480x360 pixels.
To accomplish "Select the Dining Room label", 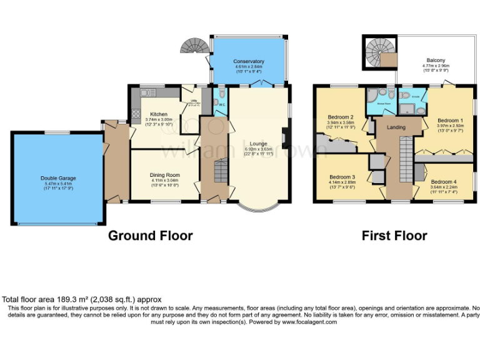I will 164,175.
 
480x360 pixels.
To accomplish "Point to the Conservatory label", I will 249,61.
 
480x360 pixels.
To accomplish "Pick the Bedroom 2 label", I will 341,117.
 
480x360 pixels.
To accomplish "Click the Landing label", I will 396,127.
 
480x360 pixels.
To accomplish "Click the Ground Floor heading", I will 150,236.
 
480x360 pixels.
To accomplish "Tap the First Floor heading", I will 394,236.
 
